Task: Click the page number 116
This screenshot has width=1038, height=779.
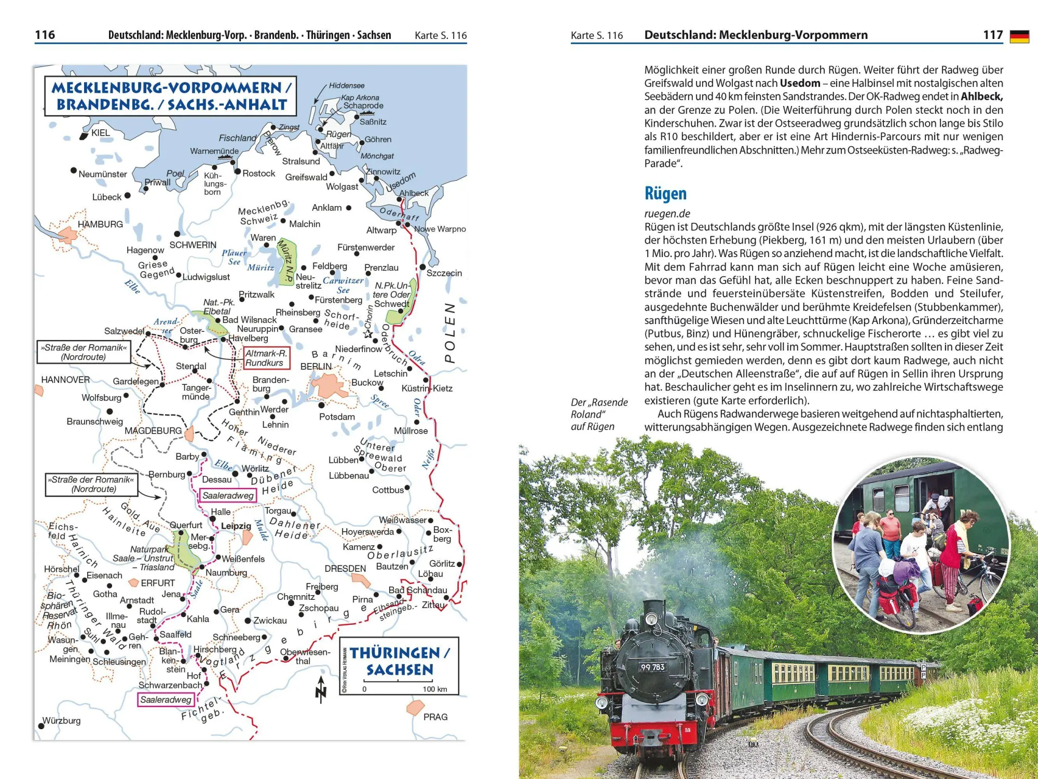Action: pyautogui.click(x=45, y=35)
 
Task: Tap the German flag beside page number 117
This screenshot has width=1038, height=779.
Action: pyautogui.click(x=1019, y=36)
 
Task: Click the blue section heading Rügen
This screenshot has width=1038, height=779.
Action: pyautogui.click(x=665, y=194)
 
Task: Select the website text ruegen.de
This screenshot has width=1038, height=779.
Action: pyautogui.click(x=667, y=213)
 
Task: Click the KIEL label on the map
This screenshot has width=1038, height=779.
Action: pyautogui.click(x=100, y=133)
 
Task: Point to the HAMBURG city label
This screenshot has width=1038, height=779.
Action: pyautogui.click(x=100, y=224)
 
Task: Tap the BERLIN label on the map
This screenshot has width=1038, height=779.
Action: pyautogui.click(x=316, y=367)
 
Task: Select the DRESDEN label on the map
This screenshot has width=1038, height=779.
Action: pyautogui.click(x=345, y=569)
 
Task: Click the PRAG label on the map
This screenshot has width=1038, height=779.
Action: pyautogui.click(x=435, y=717)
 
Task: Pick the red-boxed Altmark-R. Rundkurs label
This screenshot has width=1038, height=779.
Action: pyautogui.click(x=266, y=358)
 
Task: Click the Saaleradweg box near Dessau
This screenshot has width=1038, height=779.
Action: pyautogui.click(x=228, y=496)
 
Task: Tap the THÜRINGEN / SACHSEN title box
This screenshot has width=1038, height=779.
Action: pyautogui.click(x=399, y=661)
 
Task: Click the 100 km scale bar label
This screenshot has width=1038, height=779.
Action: pyautogui.click(x=435, y=689)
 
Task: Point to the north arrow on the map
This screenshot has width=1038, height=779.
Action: pyautogui.click(x=321, y=689)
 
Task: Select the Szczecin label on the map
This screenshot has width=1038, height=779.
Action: pyautogui.click(x=444, y=273)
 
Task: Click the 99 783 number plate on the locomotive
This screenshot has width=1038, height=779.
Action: pyautogui.click(x=652, y=667)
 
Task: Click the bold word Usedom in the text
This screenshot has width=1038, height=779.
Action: pyautogui.click(x=800, y=83)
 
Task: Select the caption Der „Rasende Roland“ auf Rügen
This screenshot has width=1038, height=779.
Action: pyautogui.click(x=599, y=414)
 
